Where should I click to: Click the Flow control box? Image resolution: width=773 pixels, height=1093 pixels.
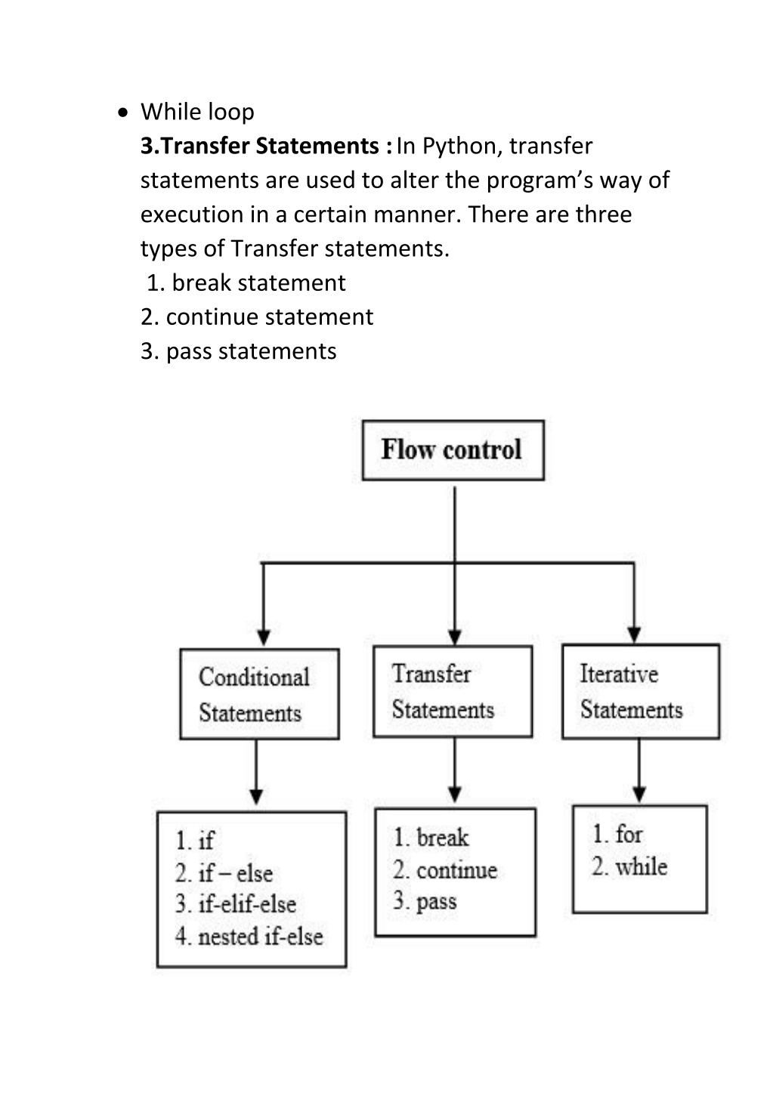pos(453,450)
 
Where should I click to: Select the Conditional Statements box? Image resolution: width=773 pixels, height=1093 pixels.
pos(259,693)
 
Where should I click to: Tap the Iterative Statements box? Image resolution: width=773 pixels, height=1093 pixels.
pos(641,691)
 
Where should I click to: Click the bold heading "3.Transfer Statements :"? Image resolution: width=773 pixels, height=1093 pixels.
pos(266,146)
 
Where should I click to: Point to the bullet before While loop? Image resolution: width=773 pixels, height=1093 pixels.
pos(124,113)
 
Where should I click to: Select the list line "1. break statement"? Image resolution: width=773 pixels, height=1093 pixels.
pos(246,283)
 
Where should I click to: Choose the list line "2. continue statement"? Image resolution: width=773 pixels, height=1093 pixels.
pos(257,317)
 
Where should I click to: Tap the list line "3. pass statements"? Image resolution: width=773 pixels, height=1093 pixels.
pos(239,351)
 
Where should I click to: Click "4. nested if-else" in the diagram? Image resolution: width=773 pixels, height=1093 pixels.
pos(249,937)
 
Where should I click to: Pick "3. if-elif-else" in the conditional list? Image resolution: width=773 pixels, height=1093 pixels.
pos(235,904)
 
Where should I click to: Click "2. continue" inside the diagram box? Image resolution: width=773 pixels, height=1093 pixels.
pos(444,870)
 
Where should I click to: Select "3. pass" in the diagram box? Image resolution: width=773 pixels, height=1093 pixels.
pos(425,901)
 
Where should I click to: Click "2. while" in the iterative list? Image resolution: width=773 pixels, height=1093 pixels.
pos(629,866)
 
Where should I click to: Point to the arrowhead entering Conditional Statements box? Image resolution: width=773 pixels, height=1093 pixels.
pos(264,637)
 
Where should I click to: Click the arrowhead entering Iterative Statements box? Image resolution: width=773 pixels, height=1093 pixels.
pos(634,634)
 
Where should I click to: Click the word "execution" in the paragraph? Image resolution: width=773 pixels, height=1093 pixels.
pos(192,215)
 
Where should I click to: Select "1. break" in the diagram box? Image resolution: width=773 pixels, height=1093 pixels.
pos(431,838)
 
